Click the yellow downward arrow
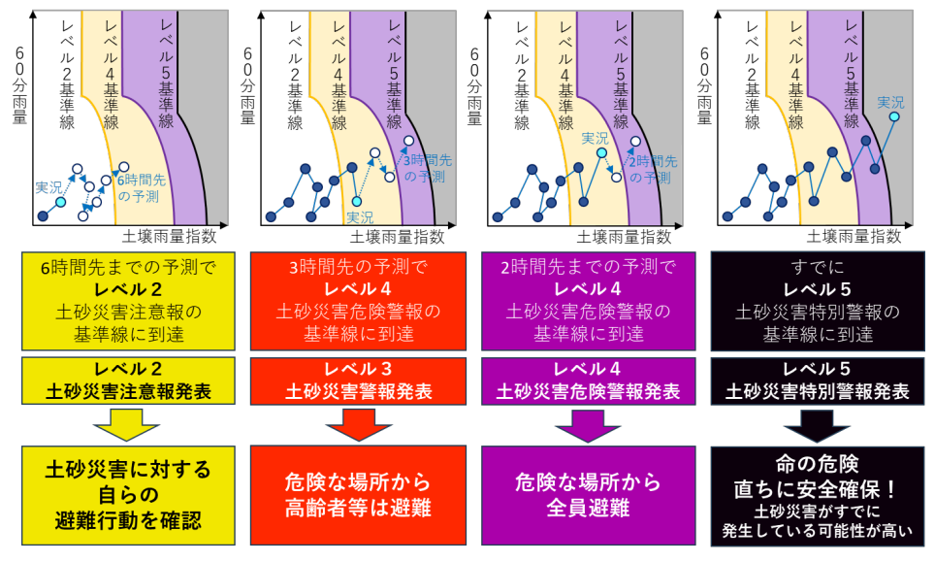126,424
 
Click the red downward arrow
358,424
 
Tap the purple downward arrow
588,425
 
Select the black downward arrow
817,425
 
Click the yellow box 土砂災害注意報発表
128,380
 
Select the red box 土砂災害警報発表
358,380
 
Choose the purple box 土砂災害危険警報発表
589,380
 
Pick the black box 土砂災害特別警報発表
818,380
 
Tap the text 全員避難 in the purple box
588,508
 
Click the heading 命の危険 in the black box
817,464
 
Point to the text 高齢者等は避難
358,508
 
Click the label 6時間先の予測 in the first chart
141,188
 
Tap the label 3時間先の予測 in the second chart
427,168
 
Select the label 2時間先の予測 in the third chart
653,170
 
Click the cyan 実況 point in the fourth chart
894,116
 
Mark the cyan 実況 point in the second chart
357,202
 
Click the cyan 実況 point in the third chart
601,153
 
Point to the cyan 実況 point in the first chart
61,202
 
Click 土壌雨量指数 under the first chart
170,236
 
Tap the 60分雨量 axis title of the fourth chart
704,86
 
